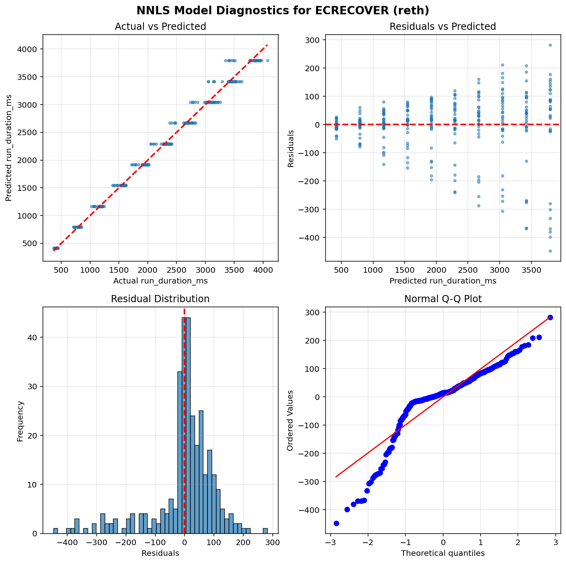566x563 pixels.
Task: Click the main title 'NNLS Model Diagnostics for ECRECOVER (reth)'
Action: pyautogui.click(x=283, y=10)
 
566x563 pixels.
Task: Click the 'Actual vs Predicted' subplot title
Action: pyautogui.click(x=160, y=27)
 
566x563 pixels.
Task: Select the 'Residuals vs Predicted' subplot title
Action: pyautogui.click(x=443, y=27)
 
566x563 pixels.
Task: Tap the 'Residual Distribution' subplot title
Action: pyautogui.click(x=160, y=299)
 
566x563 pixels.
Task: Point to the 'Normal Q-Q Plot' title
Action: pyautogui.click(x=443, y=299)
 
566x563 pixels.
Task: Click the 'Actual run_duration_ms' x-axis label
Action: pyautogui.click(x=160, y=281)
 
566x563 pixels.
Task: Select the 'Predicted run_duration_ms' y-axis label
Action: pyautogui.click(x=8, y=148)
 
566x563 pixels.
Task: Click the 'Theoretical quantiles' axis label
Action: pyautogui.click(x=443, y=553)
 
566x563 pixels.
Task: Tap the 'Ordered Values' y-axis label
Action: pyautogui.click(x=290, y=420)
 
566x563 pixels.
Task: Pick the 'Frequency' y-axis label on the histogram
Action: pyautogui.click(x=20, y=420)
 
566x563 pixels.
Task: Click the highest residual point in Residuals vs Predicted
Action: pyautogui.click(x=550, y=45)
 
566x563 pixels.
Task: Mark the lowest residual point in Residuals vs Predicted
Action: pyautogui.click(x=550, y=251)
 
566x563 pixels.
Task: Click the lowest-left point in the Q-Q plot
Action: pyautogui.click(x=336, y=523)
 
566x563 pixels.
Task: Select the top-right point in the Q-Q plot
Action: pyautogui.click(x=550, y=317)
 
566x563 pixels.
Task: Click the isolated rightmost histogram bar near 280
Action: pyautogui.click(x=265, y=531)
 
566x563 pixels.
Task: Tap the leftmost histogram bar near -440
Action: pyautogui.click(x=56, y=531)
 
